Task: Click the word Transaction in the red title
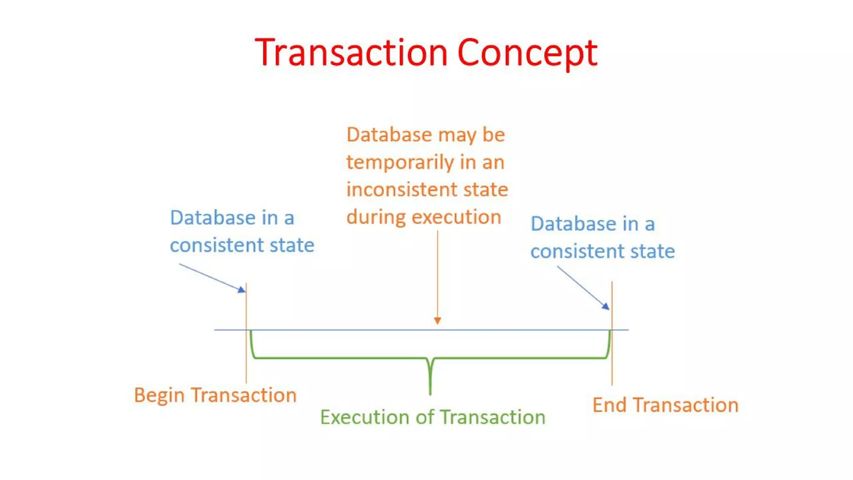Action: [x=351, y=53]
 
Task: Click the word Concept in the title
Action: [x=527, y=53]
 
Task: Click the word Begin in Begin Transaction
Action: [x=159, y=395]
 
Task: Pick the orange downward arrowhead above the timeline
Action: [x=437, y=320]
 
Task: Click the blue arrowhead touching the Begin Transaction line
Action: [x=242, y=290]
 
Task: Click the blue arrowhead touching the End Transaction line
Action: [x=606, y=306]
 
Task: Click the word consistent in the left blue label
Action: [x=217, y=245]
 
